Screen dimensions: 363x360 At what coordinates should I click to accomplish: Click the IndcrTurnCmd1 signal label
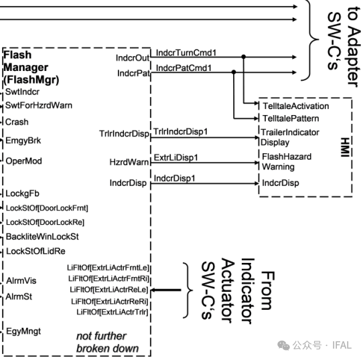pyautogui.click(x=186, y=53)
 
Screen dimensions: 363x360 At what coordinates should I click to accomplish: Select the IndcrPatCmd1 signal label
pyautogui.click(x=184, y=68)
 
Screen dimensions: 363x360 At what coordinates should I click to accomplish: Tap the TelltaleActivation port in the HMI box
pyautogui.click(x=296, y=106)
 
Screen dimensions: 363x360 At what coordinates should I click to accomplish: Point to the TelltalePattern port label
pyautogui.click(x=291, y=118)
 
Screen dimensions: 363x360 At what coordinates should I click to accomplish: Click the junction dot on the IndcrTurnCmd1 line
pyautogui.click(x=244, y=57)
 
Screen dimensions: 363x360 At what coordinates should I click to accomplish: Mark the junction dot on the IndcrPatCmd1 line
pyautogui.click(x=234, y=72)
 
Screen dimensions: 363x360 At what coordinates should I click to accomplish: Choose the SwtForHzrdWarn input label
pyautogui.click(x=39, y=106)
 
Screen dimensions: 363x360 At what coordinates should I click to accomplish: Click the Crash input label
pyautogui.click(x=17, y=122)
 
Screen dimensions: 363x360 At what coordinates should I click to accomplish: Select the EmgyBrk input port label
pyautogui.click(x=23, y=141)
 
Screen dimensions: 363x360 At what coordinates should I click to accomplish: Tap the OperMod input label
pyautogui.click(x=23, y=161)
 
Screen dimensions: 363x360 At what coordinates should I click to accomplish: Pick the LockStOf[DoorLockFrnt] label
pyautogui.click(x=47, y=208)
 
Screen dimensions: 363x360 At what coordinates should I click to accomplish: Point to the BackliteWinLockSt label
pyautogui.click(x=42, y=236)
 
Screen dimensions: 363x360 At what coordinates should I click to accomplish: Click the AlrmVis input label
pyautogui.click(x=21, y=280)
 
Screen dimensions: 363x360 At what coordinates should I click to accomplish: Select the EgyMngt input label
pyautogui.click(x=23, y=331)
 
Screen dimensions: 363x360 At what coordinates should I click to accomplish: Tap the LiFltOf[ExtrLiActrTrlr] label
pyautogui.click(x=113, y=312)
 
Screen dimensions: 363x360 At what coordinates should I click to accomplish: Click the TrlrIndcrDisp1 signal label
pyautogui.click(x=181, y=132)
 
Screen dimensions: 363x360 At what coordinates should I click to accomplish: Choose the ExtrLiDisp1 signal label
pyautogui.click(x=176, y=157)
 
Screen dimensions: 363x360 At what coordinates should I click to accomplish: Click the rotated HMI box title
pyautogui.click(x=345, y=147)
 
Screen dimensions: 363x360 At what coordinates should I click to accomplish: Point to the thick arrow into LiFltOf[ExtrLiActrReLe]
pyautogui.click(x=165, y=290)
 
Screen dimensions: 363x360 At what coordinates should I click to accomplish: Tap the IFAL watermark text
pyautogui.click(x=342, y=345)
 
